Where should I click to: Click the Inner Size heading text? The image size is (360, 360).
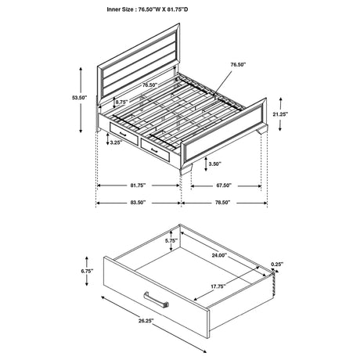(x=178, y=9)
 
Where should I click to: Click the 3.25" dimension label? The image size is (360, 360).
(x=115, y=143)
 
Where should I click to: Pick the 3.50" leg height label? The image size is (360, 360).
(x=214, y=164)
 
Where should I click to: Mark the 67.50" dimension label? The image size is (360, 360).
(x=224, y=186)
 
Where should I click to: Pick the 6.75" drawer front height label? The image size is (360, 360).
(x=88, y=272)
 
